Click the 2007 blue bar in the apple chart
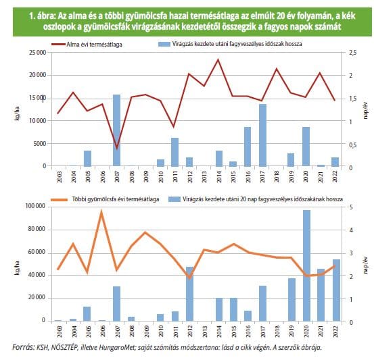116,130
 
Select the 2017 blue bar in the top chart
262,135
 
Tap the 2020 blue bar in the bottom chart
306,265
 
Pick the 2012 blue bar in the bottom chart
190,294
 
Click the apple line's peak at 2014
218,59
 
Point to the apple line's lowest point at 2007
116,148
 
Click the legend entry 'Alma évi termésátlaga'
87,45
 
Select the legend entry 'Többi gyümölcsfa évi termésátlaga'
105,199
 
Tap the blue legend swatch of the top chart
164,44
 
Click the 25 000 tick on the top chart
38,53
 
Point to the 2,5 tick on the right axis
353,53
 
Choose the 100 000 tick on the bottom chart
35,206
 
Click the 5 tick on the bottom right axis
351,207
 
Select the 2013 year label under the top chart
204,176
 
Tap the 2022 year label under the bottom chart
335,331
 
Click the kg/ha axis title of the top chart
17,113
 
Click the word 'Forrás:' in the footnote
24,347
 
